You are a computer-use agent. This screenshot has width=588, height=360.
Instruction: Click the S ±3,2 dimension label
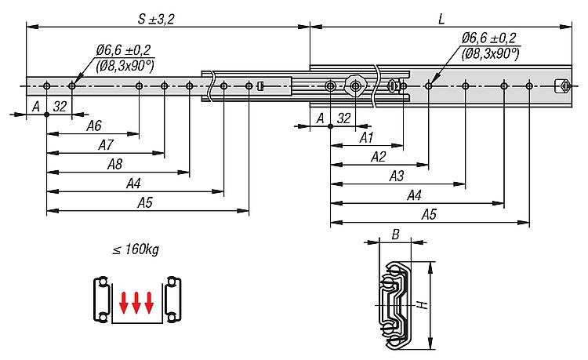coord(156,19)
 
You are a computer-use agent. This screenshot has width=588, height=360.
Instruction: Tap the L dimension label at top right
coord(441,19)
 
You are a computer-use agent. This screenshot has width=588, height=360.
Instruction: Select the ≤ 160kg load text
coord(136,249)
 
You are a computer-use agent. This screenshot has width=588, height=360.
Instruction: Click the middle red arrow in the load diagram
coord(136,302)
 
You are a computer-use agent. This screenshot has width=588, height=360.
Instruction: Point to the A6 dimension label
coord(94,126)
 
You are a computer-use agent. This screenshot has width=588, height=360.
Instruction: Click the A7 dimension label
coord(105,145)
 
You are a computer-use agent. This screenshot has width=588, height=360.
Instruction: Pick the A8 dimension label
coord(114,164)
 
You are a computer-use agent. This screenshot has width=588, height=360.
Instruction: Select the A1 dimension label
coord(366,138)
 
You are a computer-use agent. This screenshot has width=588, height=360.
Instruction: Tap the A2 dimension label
coord(378,157)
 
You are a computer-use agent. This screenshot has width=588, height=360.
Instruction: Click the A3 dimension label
coord(397,176)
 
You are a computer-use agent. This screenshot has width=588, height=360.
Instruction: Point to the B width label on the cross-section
coord(395,235)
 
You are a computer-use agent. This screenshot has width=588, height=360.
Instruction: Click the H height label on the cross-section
coord(423,304)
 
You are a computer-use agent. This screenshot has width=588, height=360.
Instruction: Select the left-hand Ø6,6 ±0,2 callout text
coord(123,50)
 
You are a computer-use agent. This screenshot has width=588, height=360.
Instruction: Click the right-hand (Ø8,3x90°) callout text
coord(490,54)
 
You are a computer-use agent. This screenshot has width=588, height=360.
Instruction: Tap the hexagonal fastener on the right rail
coord(354,86)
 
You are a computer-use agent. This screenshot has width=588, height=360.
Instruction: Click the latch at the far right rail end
coord(562,86)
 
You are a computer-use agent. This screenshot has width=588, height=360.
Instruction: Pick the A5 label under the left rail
coord(145,203)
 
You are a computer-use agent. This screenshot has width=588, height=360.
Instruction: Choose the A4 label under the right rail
coord(414,195)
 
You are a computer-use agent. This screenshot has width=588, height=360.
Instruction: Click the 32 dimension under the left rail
coord(60,107)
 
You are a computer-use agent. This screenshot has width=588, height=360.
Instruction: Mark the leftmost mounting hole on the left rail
coord(46,86)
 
